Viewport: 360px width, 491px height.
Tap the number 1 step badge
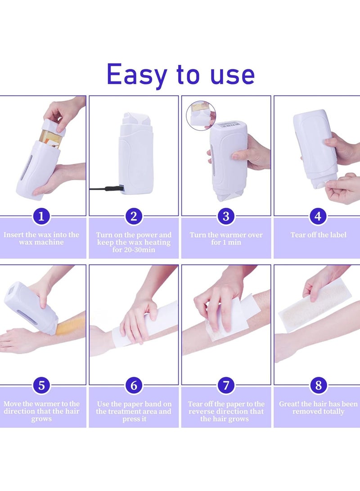point(41,216)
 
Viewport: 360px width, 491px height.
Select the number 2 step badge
point(134,216)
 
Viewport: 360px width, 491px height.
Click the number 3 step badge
point(226,216)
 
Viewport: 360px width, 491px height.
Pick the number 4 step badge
point(318,216)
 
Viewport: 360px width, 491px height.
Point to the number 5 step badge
point(41,386)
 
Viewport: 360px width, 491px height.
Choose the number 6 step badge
point(134,386)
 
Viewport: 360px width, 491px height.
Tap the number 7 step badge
point(226,386)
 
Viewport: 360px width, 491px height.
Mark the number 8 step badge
point(318,386)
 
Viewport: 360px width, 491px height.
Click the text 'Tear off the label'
point(318,235)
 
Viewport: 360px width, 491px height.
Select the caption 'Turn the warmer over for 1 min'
point(226,239)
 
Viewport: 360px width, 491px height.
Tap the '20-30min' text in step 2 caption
point(134,250)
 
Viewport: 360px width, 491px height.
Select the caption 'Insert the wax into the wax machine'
point(41,239)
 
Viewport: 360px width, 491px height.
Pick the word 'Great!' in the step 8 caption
point(289,404)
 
